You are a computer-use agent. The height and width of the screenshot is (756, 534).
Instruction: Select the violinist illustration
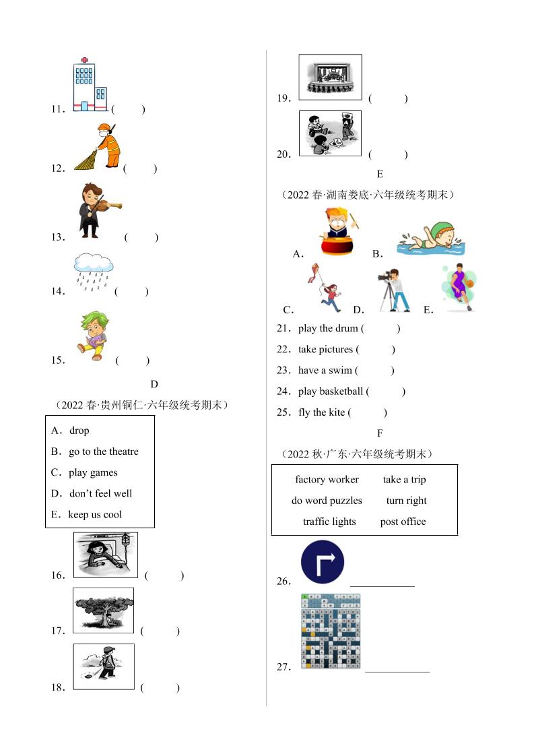click(97, 210)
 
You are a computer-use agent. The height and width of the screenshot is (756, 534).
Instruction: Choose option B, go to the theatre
click(103, 451)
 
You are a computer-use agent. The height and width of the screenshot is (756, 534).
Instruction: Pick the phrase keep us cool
click(95, 515)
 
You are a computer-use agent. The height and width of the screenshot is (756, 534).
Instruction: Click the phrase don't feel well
click(100, 494)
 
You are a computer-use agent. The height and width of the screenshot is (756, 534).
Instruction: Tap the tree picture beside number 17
click(103, 610)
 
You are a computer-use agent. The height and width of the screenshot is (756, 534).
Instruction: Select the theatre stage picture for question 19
click(330, 77)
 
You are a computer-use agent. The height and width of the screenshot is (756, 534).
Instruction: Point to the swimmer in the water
click(430, 239)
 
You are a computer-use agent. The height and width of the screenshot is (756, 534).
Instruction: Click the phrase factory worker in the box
click(327, 480)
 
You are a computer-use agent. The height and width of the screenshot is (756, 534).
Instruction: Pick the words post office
click(403, 522)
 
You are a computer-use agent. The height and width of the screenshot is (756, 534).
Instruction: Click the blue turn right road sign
click(323, 562)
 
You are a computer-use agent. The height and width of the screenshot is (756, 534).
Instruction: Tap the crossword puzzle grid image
click(330, 631)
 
